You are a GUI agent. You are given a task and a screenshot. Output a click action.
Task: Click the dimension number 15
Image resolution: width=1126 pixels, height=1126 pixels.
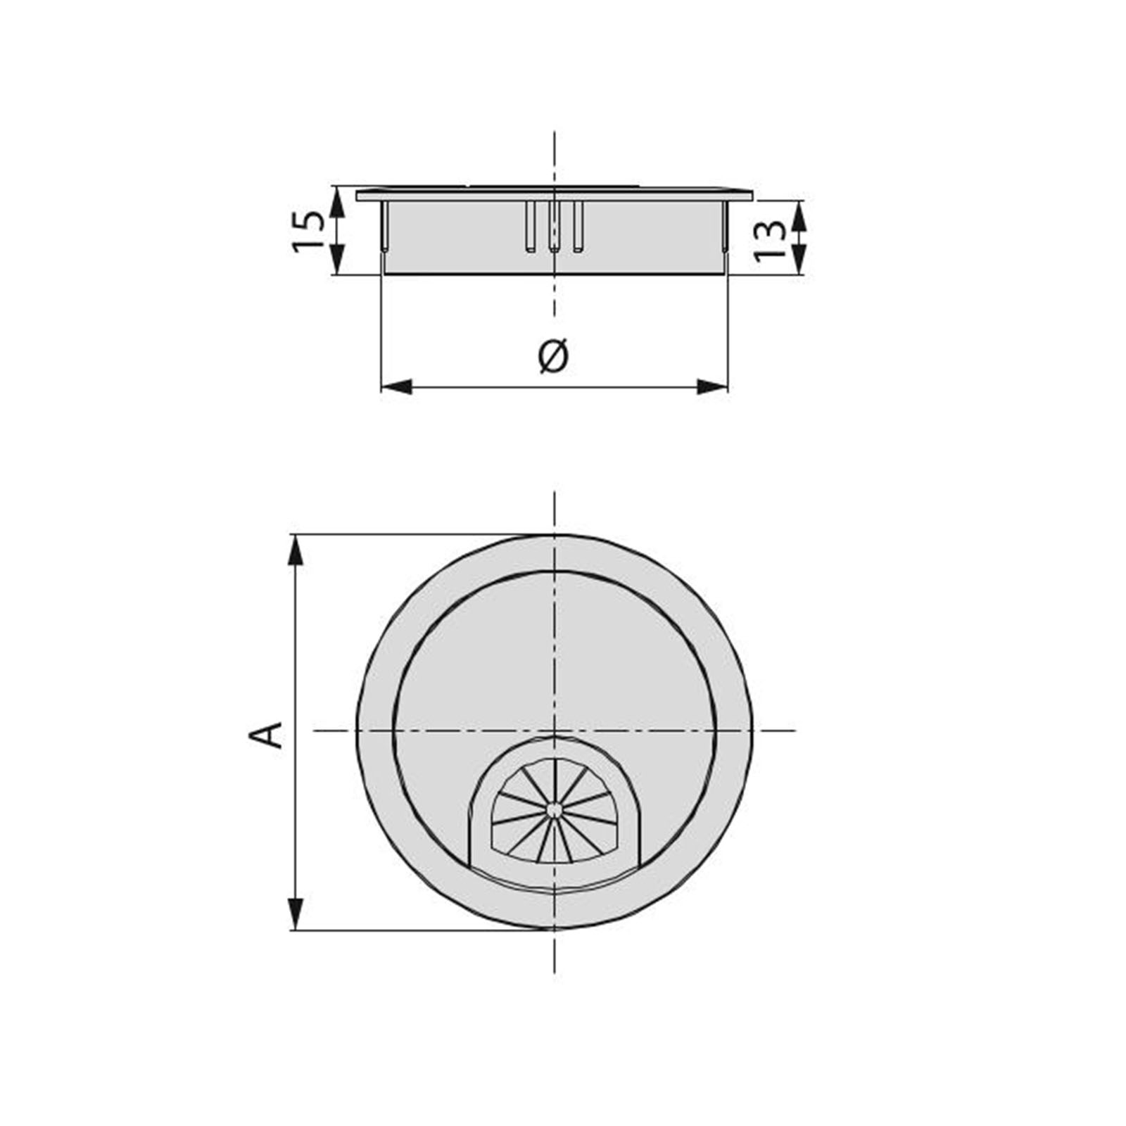[x=308, y=230]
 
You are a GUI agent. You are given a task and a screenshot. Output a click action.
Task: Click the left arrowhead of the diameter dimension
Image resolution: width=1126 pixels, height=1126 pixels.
[x=396, y=386]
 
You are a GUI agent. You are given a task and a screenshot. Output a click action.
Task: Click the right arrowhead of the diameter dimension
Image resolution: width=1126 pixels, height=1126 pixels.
[x=712, y=386]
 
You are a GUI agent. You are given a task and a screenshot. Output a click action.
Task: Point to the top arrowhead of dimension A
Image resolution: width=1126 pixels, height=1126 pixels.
[x=296, y=550]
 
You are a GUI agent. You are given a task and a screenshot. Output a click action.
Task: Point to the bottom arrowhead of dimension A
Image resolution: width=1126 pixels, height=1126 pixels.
[x=296, y=913]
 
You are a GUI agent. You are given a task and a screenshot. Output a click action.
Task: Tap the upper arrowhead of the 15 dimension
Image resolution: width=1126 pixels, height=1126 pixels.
[x=338, y=203]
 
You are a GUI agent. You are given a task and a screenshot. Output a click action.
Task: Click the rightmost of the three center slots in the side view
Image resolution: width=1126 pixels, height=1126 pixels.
[x=578, y=227]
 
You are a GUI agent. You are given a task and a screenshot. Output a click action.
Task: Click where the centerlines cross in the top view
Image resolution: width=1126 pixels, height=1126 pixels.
[x=555, y=730]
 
